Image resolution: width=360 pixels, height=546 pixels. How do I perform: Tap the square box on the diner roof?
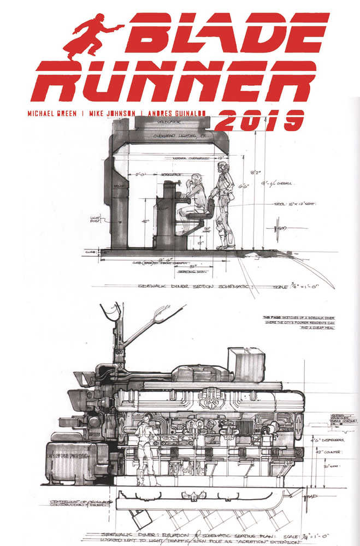click(246, 364)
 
